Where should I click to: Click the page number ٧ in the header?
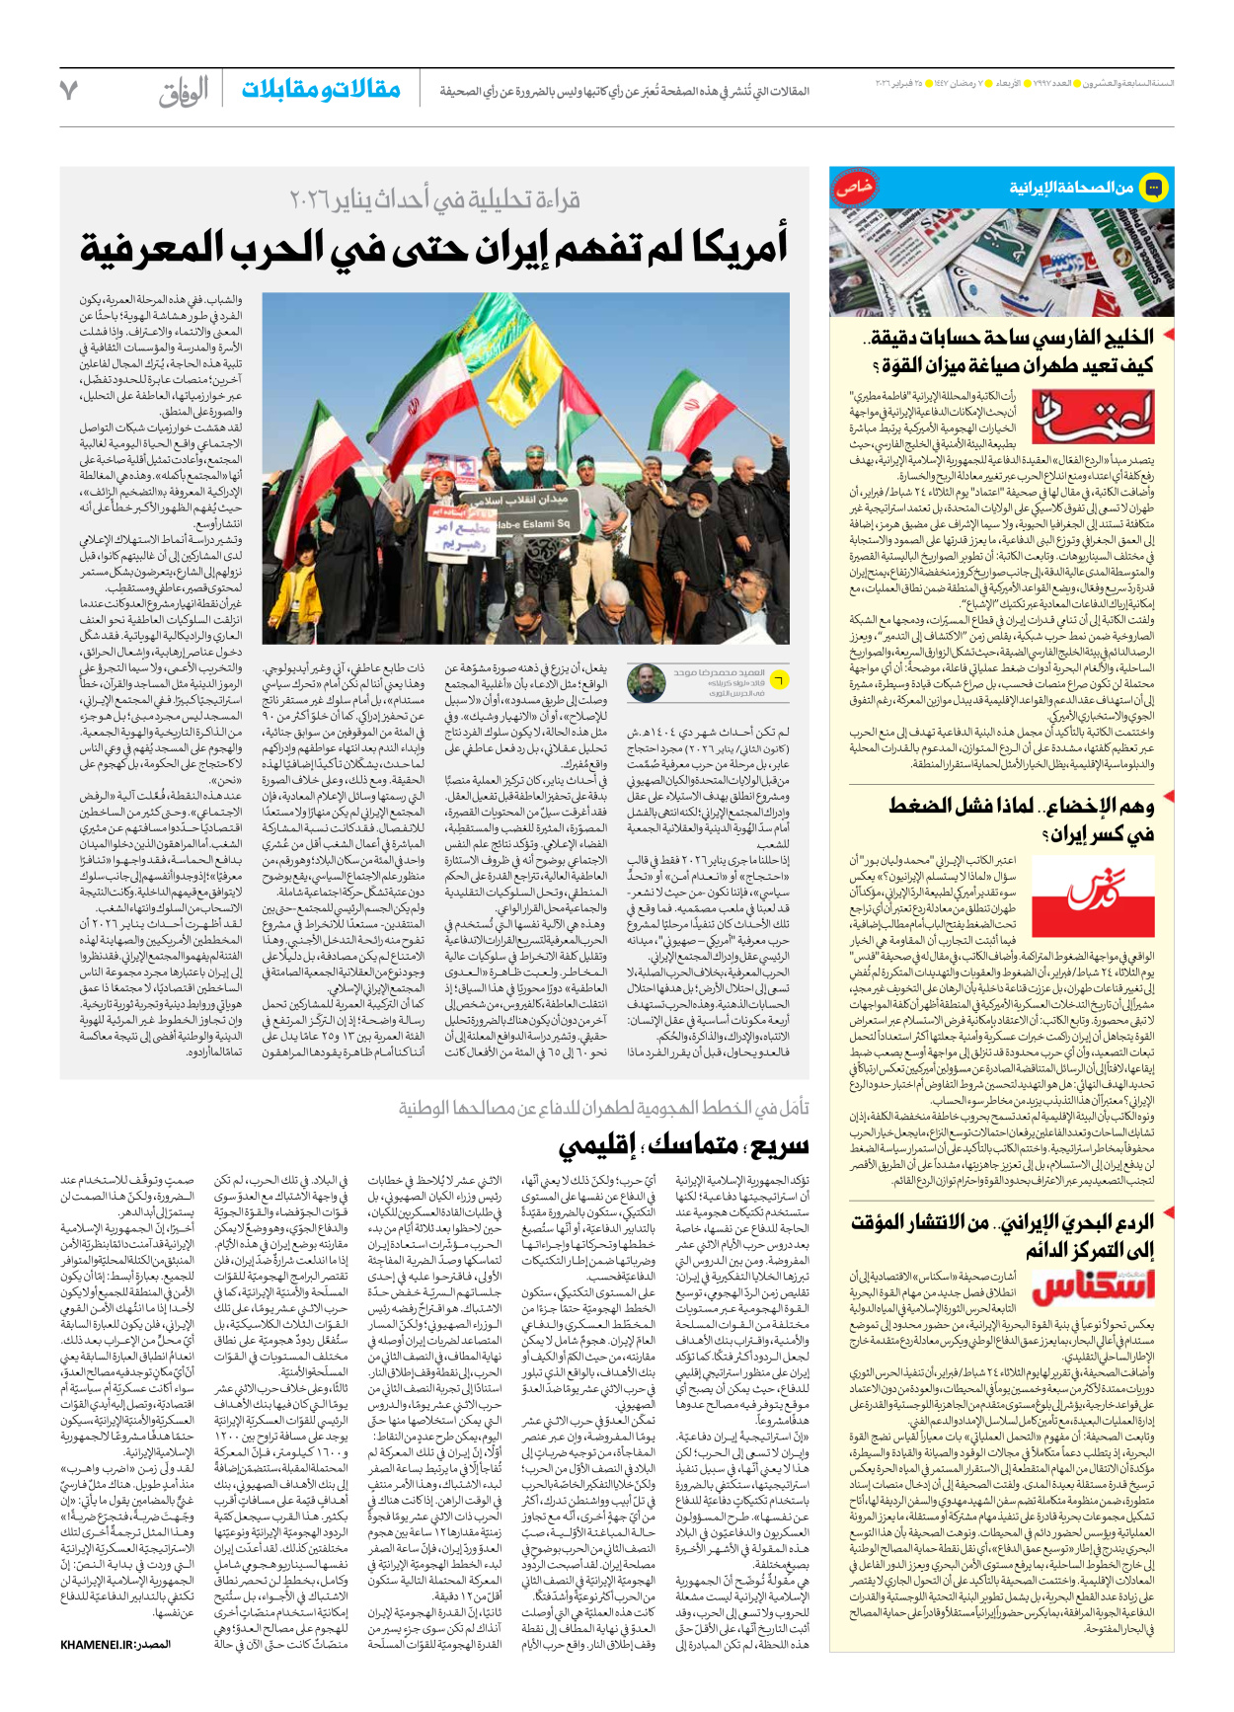pos(68,91)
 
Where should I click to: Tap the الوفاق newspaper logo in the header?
pos(184,92)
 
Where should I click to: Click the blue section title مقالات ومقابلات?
pos(321,90)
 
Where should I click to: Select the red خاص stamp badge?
pos(853,187)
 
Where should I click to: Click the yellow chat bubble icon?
pos(1152,187)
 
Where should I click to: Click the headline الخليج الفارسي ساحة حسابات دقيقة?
pos(1007,338)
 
